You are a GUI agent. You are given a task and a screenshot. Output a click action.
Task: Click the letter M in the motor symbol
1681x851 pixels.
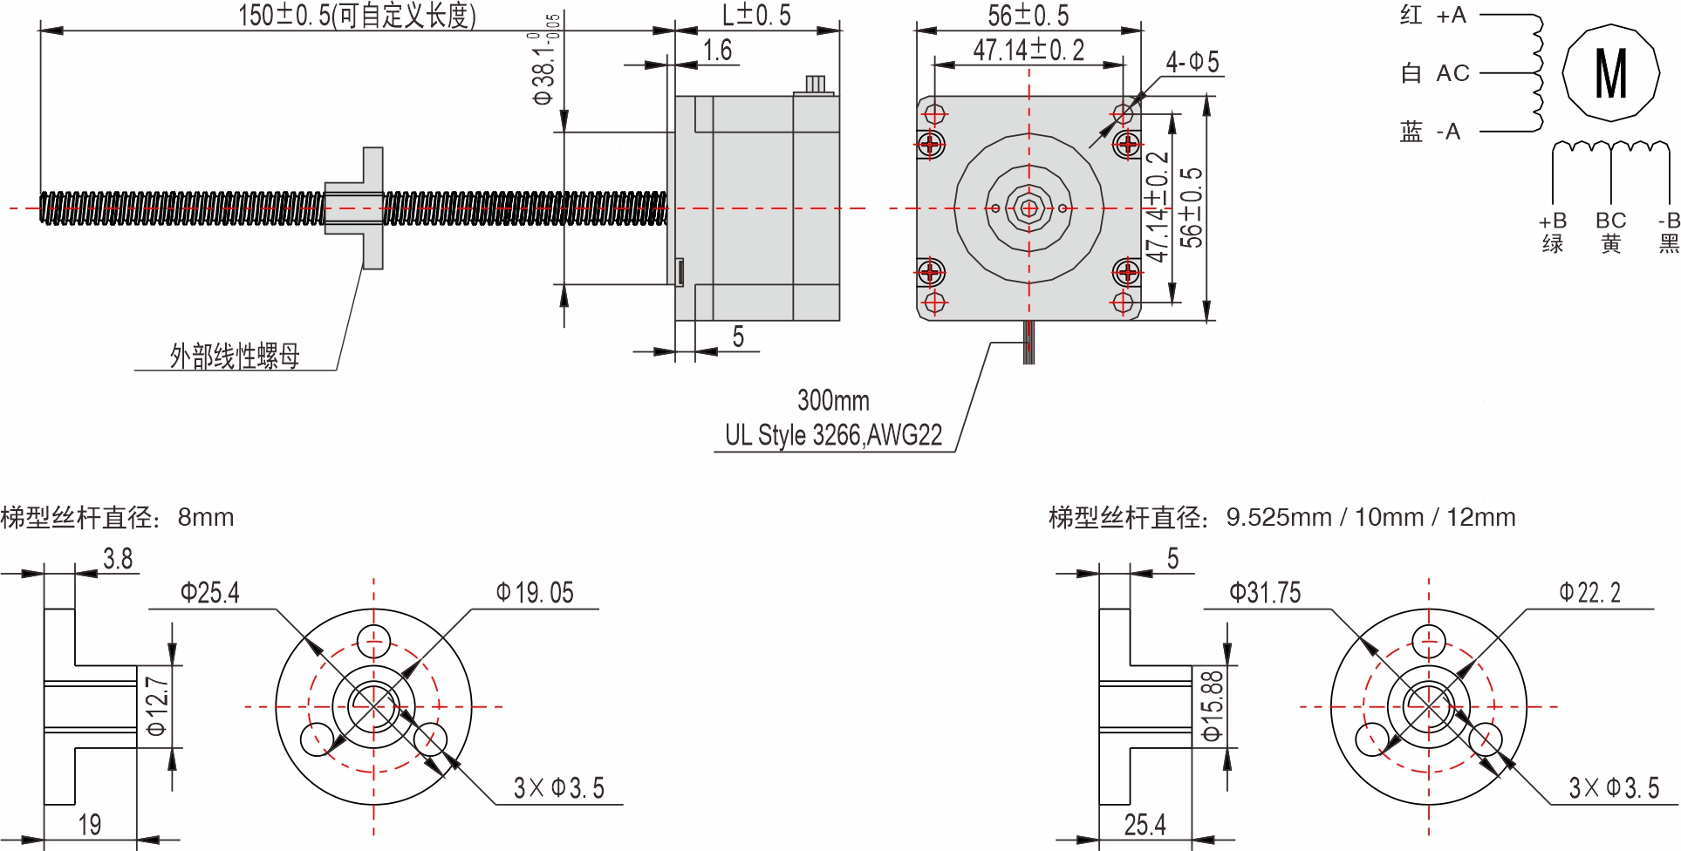[x=1610, y=73]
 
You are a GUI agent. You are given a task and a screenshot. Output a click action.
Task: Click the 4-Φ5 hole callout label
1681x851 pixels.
[x=1192, y=62]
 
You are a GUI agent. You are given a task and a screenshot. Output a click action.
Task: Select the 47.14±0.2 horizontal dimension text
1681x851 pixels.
[x=1028, y=51]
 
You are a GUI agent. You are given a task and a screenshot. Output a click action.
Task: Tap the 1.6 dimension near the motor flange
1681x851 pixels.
[x=717, y=51]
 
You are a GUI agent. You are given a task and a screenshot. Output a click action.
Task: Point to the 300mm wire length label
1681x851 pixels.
[x=833, y=401]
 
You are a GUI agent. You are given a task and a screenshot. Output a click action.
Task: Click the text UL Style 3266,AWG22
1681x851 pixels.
[x=833, y=435]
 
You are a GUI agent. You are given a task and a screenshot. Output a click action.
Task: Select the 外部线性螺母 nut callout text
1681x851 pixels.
[x=235, y=356]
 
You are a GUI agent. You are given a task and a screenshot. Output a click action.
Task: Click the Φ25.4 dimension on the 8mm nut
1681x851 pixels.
[x=209, y=594]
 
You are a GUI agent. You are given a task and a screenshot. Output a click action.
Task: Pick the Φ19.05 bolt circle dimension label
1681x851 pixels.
[x=535, y=594]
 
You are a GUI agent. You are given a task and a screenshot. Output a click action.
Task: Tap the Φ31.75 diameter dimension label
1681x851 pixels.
[x=1264, y=594]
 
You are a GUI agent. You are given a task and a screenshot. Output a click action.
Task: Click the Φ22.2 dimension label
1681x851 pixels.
[x=1589, y=594]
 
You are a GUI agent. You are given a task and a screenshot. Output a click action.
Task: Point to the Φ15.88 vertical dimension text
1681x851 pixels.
[x=1213, y=705]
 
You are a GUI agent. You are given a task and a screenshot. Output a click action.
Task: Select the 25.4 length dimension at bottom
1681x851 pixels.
[x=1145, y=824]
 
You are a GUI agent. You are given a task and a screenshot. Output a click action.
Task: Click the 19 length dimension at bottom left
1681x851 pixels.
[x=90, y=824]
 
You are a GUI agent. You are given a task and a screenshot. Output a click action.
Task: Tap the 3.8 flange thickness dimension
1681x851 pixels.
[x=118, y=559]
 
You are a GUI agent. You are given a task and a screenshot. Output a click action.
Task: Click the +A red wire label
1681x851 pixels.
[x=1452, y=16]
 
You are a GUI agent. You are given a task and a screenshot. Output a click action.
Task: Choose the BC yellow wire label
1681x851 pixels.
[x=1610, y=231]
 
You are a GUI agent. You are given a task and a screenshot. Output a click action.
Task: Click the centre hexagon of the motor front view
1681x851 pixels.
[x=1028, y=208]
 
